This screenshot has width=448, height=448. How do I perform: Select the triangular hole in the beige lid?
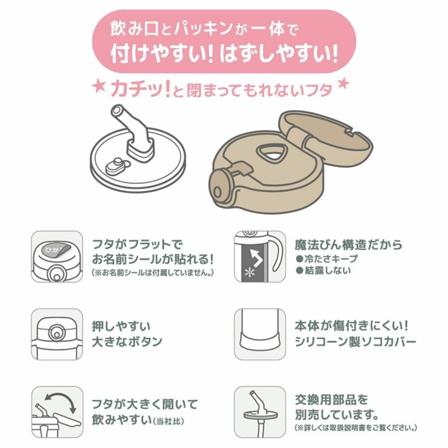coord(271,155)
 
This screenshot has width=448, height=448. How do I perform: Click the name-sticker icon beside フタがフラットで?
coord(57,256)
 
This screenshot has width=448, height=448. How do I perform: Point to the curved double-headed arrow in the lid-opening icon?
coord(59,398)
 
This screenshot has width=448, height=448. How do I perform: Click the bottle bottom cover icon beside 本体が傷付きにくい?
coord(260,334)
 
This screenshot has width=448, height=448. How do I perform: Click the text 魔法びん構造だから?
coord(348,245)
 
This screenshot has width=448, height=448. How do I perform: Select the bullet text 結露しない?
coord(323,270)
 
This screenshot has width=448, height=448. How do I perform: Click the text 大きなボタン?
coord(127,342)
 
